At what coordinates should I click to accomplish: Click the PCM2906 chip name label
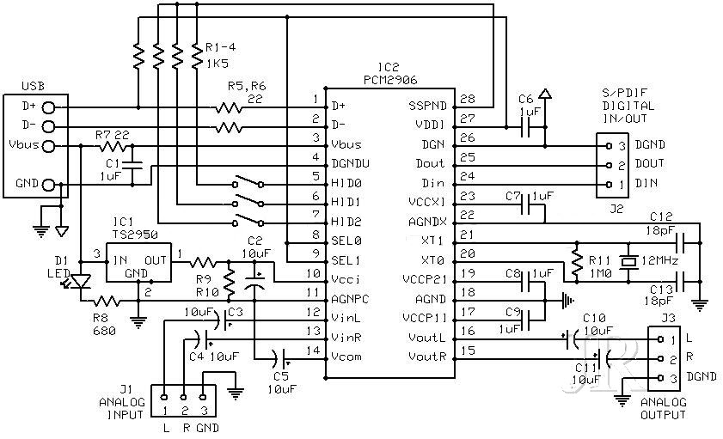(390, 80)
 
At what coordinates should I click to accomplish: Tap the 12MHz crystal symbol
(628, 261)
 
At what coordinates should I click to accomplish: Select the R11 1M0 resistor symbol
(576, 261)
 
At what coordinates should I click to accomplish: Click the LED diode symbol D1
(81, 281)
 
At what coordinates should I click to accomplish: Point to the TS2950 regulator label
(135, 235)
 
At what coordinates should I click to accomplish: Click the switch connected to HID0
(248, 181)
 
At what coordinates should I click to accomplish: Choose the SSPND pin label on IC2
(428, 106)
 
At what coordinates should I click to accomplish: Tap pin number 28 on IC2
(468, 99)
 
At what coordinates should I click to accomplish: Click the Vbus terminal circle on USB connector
(48, 147)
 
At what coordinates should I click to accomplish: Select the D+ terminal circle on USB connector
(48, 107)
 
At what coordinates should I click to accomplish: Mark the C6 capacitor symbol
(525, 126)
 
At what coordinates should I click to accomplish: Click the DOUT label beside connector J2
(650, 163)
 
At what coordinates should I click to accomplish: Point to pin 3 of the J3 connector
(660, 378)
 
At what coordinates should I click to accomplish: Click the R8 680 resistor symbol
(107, 302)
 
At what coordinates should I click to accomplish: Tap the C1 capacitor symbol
(132, 165)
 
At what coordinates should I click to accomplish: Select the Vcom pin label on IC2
(346, 357)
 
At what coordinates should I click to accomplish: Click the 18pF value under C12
(660, 230)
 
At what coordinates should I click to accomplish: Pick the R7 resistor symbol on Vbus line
(113, 147)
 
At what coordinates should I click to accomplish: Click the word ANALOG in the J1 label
(122, 402)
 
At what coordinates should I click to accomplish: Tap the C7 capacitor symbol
(525, 204)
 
